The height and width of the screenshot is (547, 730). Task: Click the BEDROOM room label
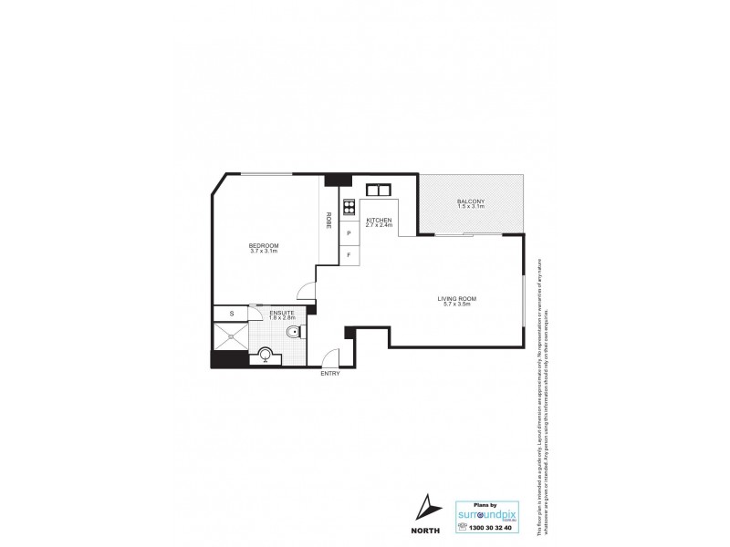[x=264, y=245]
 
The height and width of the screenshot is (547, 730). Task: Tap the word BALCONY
[x=471, y=201]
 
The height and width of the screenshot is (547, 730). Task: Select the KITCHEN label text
[x=379, y=221]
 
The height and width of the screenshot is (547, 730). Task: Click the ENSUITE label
[x=281, y=313]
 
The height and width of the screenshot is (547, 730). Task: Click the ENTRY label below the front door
[x=329, y=374]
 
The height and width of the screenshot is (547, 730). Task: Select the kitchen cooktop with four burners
[x=348, y=208]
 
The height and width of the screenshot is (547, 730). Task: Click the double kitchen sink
[x=378, y=191]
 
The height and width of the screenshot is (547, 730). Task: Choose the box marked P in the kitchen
[x=349, y=234]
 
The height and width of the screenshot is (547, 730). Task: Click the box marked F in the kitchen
[x=349, y=256]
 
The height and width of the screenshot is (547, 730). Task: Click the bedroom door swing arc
[x=309, y=292]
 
